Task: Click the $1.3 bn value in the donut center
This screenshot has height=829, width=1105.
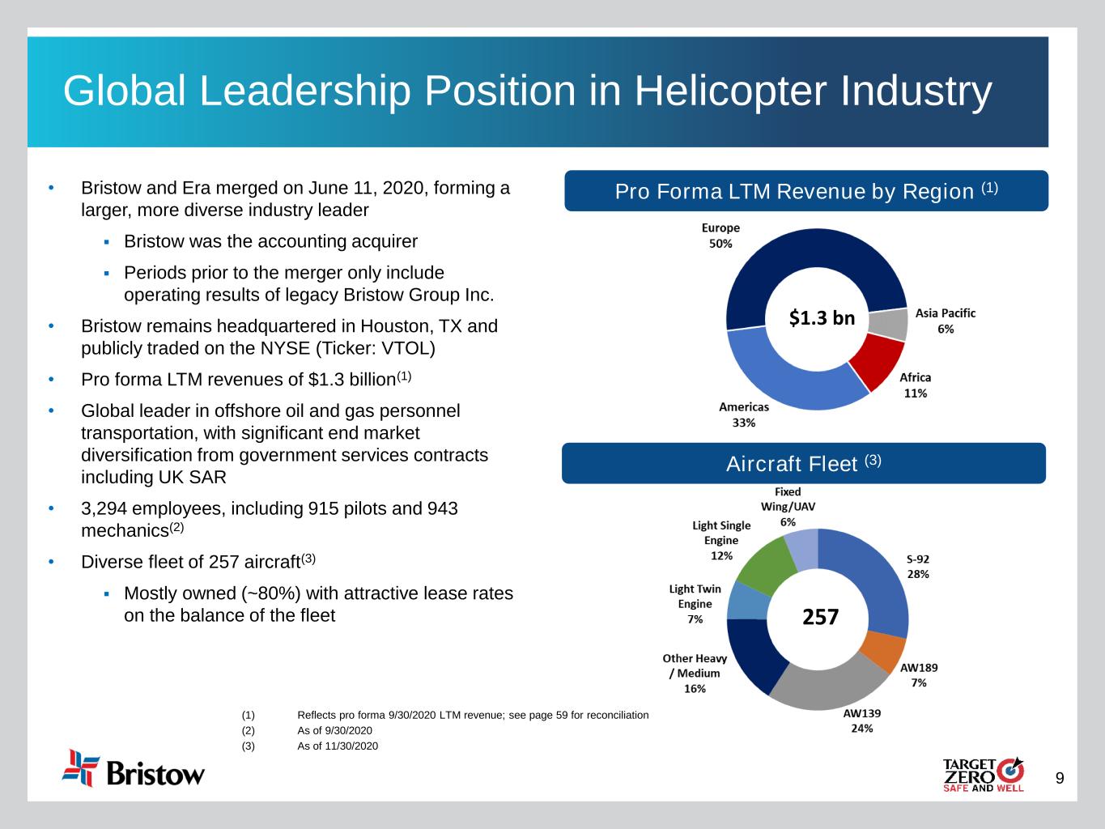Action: point(822,318)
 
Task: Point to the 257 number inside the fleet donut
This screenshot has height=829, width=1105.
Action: point(820,618)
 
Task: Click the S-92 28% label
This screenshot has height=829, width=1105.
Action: point(918,567)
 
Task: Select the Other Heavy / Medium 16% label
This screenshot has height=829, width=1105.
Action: point(695,674)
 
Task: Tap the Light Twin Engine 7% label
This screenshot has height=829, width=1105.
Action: point(695,604)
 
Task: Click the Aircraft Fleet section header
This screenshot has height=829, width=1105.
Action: point(803,464)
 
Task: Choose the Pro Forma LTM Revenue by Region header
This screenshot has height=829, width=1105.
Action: point(806,191)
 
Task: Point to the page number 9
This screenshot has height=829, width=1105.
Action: point(1060,779)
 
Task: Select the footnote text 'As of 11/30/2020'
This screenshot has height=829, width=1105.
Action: point(338,746)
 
